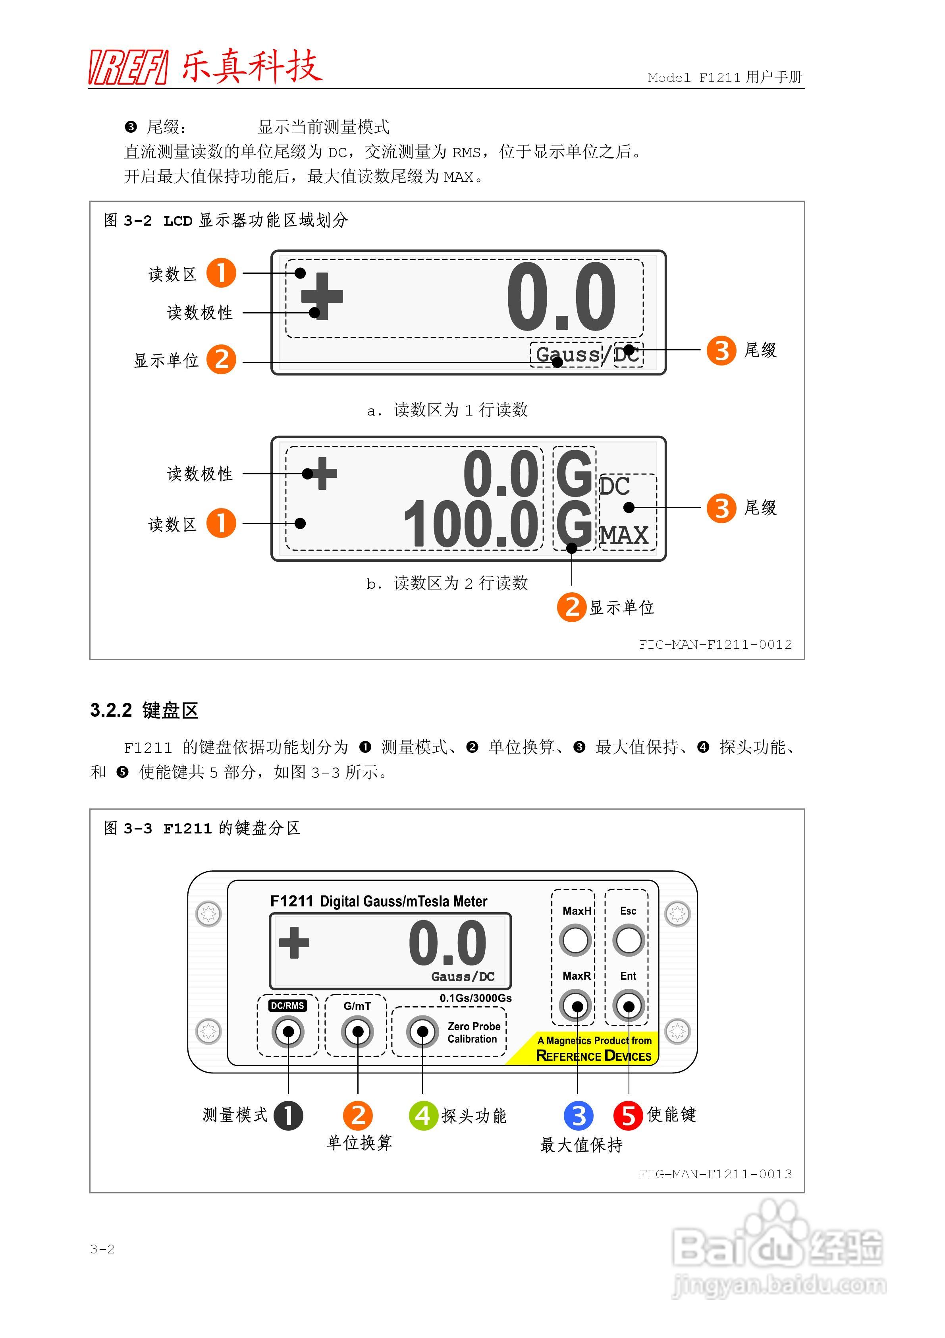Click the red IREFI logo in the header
pyautogui.click(x=128, y=68)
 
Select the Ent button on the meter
pyautogui.click(x=628, y=1006)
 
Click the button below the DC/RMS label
pyautogui.click(x=288, y=1032)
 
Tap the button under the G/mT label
pyautogui.click(x=358, y=1032)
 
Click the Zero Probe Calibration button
pyautogui.click(x=422, y=1032)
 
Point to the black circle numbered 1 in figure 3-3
pyautogui.click(x=288, y=1116)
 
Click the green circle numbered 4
pyautogui.click(x=423, y=1116)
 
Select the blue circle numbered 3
pyautogui.click(x=578, y=1116)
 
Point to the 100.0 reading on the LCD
pyautogui.click(x=470, y=524)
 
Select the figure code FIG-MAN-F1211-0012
pyautogui.click(x=715, y=644)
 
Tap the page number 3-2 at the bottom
pyautogui.click(x=102, y=1249)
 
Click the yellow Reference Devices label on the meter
pyautogui.click(x=593, y=1056)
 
